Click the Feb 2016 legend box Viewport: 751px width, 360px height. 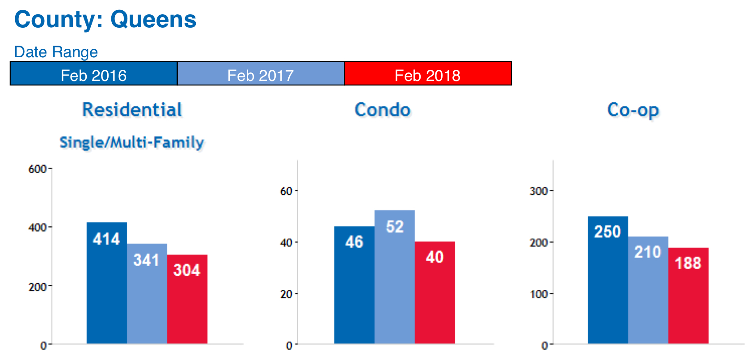point(94,74)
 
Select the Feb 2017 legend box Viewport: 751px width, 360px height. point(261,74)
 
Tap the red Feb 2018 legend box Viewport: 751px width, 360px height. point(428,74)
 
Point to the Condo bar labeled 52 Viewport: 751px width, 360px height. point(395,277)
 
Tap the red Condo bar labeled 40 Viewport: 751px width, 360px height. point(435,292)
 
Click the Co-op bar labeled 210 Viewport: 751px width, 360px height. point(648,290)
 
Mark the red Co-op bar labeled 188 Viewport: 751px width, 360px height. point(688,296)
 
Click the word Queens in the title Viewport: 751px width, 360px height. point(153,20)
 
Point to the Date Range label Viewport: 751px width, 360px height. point(56,52)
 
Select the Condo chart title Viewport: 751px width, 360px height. point(383,110)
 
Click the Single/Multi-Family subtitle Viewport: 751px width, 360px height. point(132,143)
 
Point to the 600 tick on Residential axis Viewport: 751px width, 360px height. point(38,169)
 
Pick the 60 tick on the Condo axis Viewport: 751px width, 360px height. point(286,191)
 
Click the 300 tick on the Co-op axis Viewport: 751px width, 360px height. point(539,191)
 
